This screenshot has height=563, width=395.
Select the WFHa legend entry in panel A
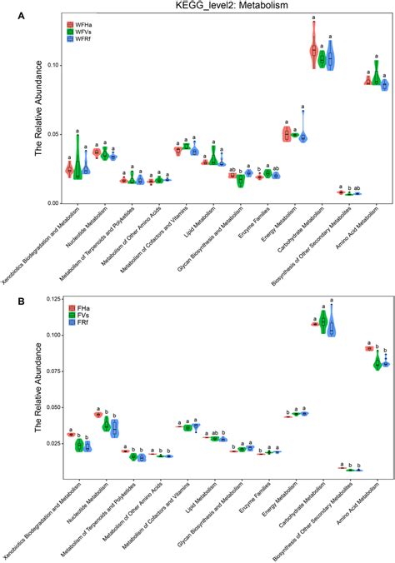pos(82,25)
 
